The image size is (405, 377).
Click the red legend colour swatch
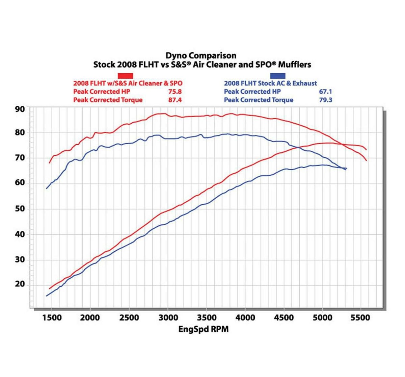coord(125,76)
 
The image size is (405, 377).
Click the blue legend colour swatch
coord(278,76)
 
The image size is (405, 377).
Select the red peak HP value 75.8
coord(175,92)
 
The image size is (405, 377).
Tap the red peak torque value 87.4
coord(175,100)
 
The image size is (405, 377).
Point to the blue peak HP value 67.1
coord(325,92)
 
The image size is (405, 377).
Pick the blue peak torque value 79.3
coord(325,100)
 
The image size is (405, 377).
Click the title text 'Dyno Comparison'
coord(201,55)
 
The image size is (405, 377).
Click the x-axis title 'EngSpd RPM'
coord(204,329)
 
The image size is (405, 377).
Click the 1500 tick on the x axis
coord(52,318)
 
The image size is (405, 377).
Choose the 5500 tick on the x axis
coord(360,318)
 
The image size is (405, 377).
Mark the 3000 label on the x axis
coord(168,318)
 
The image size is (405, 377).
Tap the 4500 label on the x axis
coord(283,318)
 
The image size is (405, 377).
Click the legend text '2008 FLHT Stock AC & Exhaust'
coord(270,83)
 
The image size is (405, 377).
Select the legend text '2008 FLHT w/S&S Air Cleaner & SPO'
coord(128,83)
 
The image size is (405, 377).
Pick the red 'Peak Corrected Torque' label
coord(108,100)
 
